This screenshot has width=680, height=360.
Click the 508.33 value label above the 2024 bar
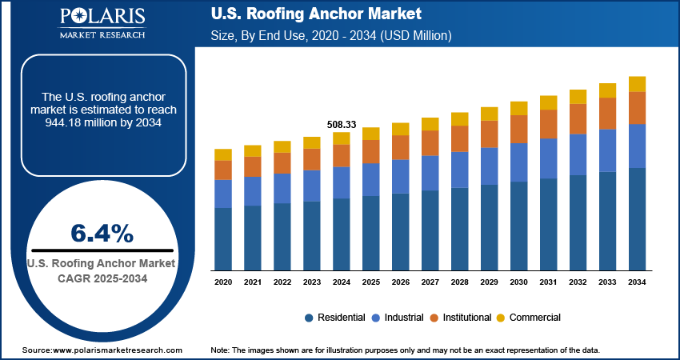pos(342,125)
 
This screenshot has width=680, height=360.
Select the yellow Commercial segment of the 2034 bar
pos(637,84)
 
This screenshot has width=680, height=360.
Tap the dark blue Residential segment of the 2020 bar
pos(223,238)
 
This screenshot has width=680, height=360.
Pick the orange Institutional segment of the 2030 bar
pos(518,129)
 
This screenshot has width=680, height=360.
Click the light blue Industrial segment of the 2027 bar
pos(430,173)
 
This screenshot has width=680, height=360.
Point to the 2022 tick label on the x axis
pos(282,282)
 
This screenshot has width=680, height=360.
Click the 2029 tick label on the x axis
pos(489,282)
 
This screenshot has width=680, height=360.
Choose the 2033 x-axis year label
pos(607,282)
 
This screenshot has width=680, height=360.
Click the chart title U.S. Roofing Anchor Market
pos(315,15)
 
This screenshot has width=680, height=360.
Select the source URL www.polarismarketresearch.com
pos(117,350)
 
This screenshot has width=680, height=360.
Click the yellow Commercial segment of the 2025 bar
pos(371,133)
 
